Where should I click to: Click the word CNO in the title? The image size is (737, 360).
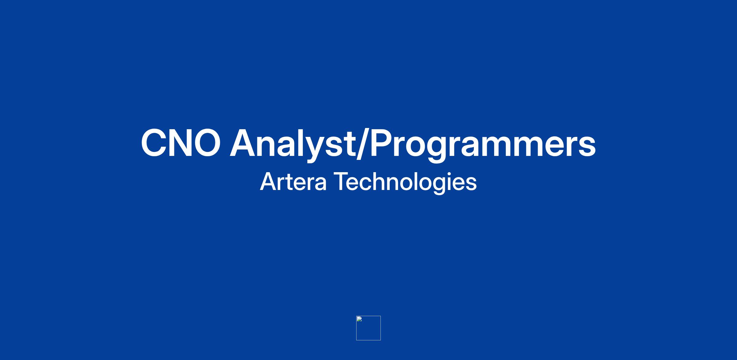(181, 143)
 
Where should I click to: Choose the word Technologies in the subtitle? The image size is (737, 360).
(405, 182)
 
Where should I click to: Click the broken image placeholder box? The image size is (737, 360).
(368, 328)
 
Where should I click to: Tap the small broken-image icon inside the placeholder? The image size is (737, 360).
(359, 319)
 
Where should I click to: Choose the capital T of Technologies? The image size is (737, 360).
(341, 182)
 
